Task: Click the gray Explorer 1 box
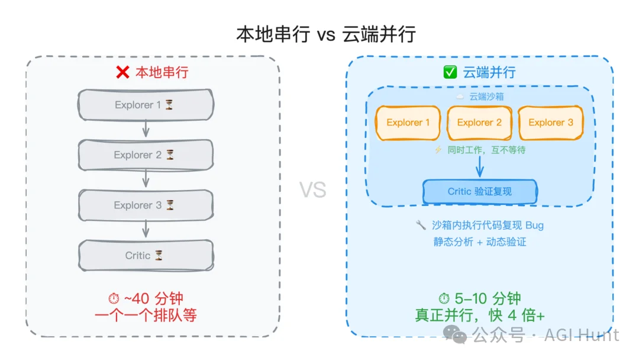pyautogui.click(x=146, y=105)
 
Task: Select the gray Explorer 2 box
pyautogui.click(x=146, y=155)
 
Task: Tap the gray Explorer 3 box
pyautogui.click(x=146, y=205)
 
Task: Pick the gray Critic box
pyautogui.click(x=146, y=256)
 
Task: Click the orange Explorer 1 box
pyautogui.click(x=408, y=123)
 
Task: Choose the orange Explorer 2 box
pyautogui.click(x=479, y=123)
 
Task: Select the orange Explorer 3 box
pyautogui.click(x=550, y=123)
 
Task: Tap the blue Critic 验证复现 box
pyautogui.click(x=480, y=191)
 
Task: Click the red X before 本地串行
pyautogui.click(x=122, y=73)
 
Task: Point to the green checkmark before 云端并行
pyautogui.click(x=450, y=73)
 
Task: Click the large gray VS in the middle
pyautogui.click(x=312, y=189)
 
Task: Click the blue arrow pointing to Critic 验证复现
pyautogui.click(x=480, y=167)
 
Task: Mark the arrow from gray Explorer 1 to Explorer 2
pyautogui.click(x=146, y=129)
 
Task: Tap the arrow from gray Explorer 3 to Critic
pyautogui.click(x=146, y=230)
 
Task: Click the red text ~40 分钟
pyautogui.click(x=153, y=298)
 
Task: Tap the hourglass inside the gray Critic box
pyautogui.click(x=159, y=256)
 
